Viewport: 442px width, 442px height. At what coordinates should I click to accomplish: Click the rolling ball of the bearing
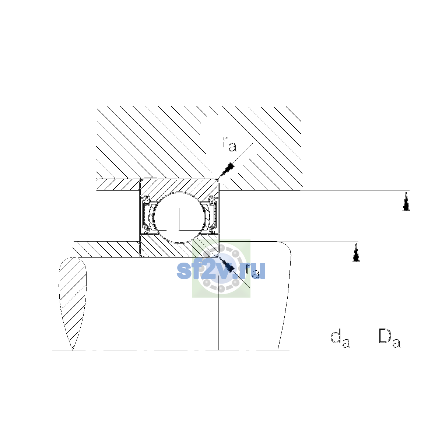[x=180, y=217]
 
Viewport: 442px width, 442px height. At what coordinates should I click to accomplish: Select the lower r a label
[x=253, y=271]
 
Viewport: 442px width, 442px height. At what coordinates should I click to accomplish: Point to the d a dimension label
[x=340, y=339]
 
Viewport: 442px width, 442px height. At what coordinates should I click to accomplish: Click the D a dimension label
[x=389, y=338]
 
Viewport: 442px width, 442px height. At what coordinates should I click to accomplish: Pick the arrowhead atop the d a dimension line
[x=356, y=252]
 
